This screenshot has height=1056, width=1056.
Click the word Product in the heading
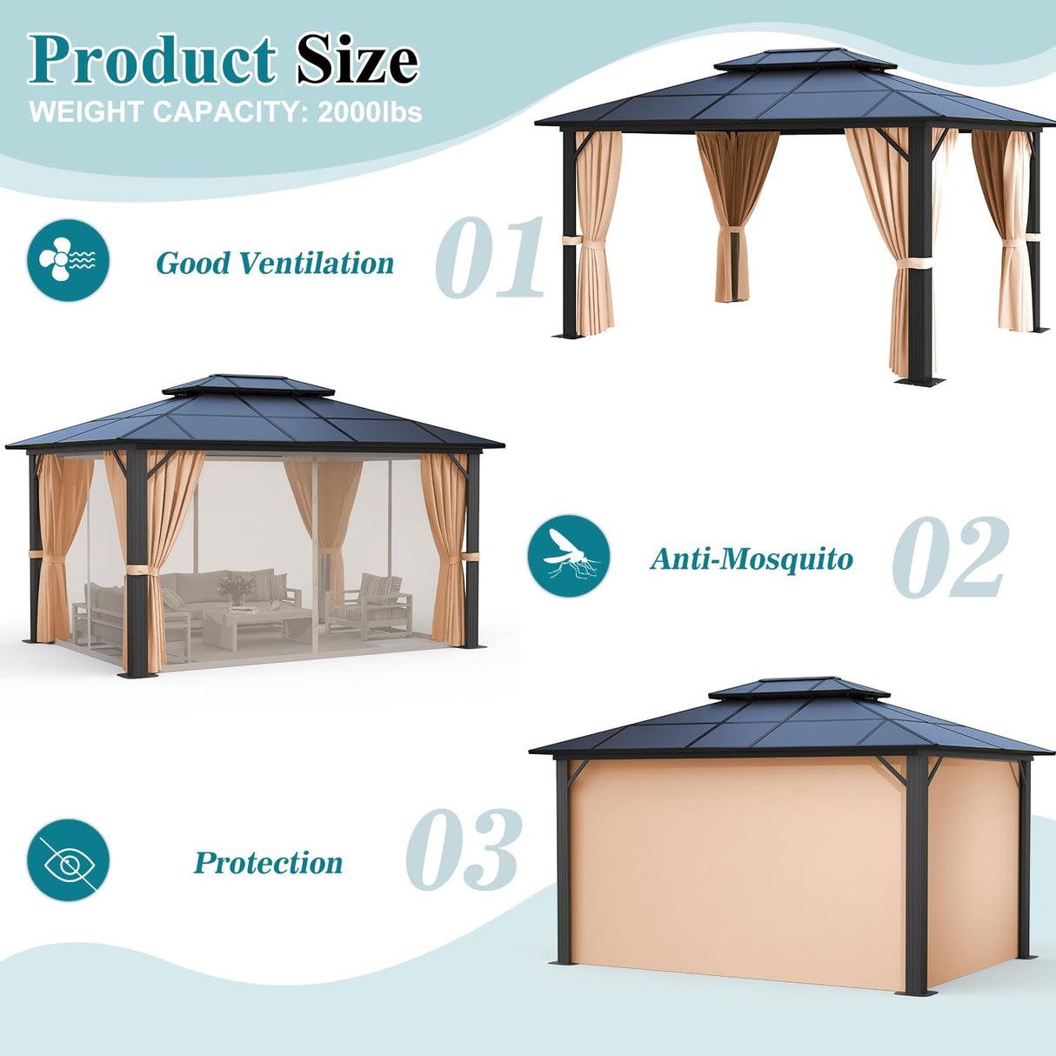[151, 61]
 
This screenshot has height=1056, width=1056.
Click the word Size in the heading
[357, 61]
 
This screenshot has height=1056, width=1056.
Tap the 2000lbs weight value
[370, 112]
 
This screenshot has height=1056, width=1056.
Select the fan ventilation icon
[68, 260]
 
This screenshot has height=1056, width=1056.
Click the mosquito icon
[569, 556]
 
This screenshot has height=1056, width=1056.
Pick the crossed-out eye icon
[68, 859]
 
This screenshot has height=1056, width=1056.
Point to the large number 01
[489, 258]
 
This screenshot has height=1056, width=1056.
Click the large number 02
[950, 558]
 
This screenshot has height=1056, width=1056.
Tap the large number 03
[464, 850]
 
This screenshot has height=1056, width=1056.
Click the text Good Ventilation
[275, 263]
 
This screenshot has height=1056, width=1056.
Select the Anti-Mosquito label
[752, 558]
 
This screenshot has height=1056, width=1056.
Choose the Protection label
[268, 862]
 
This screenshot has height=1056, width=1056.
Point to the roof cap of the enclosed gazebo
[799, 689]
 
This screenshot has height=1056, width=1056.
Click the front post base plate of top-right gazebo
[919, 380]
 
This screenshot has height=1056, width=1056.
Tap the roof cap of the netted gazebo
[248, 385]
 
